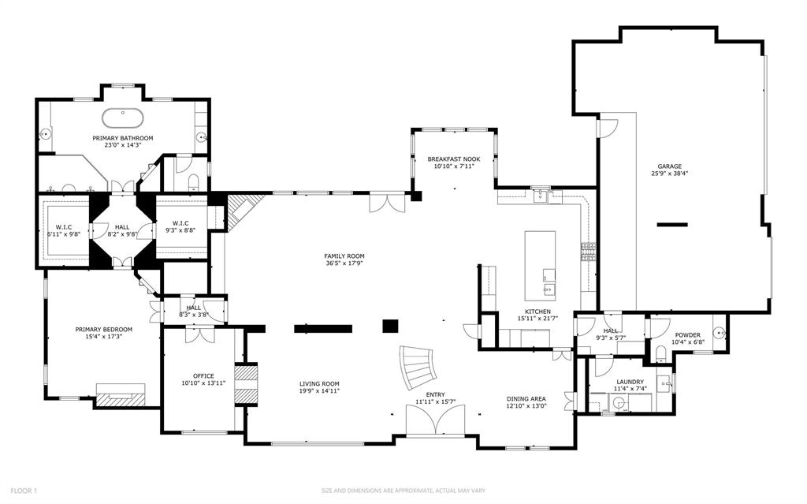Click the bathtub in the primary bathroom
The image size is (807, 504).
point(123,118)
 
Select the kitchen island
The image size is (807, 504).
point(540,256)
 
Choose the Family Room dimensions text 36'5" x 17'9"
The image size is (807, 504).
point(344,263)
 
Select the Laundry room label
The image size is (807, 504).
point(629,381)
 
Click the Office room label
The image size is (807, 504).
point(203,375)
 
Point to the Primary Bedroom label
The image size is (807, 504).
point(103,329)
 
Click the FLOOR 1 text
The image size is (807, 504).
point(23,491)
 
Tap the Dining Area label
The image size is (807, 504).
point(526,399)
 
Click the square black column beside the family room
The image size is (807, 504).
point(389,326)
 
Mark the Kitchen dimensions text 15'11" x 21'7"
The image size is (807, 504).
point(537,318)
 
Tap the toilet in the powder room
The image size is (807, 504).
point(660,353)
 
